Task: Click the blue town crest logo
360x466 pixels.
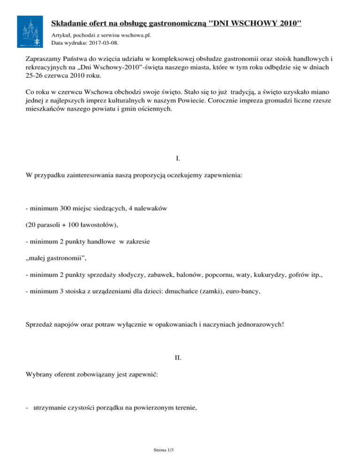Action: (31, 31)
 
